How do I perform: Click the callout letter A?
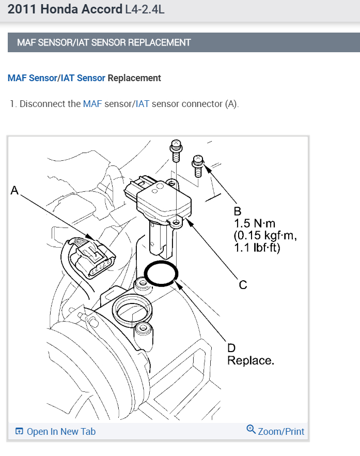(x=14, y=190)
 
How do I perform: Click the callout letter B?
(x=238, y=211)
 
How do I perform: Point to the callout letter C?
(x=242, y=284)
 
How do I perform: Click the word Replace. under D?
(x=251, y=360)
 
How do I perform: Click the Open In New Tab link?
(x=61, y=431)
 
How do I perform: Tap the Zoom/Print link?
(x=281, y=431)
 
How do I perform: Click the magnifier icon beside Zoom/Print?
(x=251, y=430)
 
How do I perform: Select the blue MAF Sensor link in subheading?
(x=32, y=78)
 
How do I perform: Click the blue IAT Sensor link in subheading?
(x=83, y=78)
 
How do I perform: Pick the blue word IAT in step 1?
(x=143, y=104)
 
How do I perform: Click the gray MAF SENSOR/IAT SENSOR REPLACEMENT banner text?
(x=104, y=42)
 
